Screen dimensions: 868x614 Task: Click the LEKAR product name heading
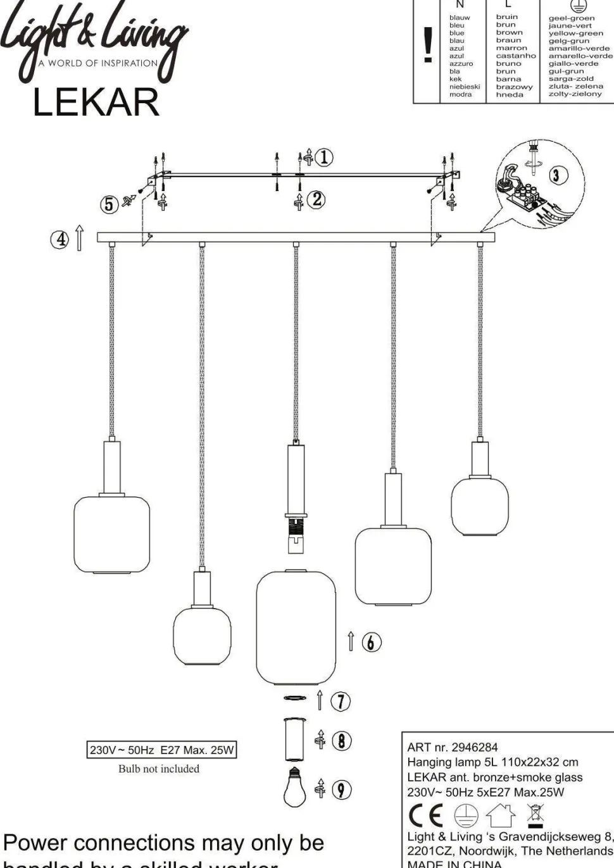point(96,102)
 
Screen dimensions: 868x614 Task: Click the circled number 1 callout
point(324,157)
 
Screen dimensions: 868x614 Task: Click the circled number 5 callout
point(110,204)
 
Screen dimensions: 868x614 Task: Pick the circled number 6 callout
point(372,642)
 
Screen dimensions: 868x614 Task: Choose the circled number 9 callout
point(341,789)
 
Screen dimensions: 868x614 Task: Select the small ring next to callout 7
point(294,698)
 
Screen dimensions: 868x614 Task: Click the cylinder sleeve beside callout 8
point(294,739)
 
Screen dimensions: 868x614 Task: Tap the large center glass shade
point(295,628)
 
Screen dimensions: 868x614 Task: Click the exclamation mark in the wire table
point(428,46)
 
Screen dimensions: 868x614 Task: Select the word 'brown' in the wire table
point(509,32)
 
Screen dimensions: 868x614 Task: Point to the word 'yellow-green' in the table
point(575,33)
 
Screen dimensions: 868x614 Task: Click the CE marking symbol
point(426,815)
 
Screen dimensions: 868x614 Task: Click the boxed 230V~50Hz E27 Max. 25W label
point(161,750)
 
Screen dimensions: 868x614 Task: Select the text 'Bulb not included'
point(159,769)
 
